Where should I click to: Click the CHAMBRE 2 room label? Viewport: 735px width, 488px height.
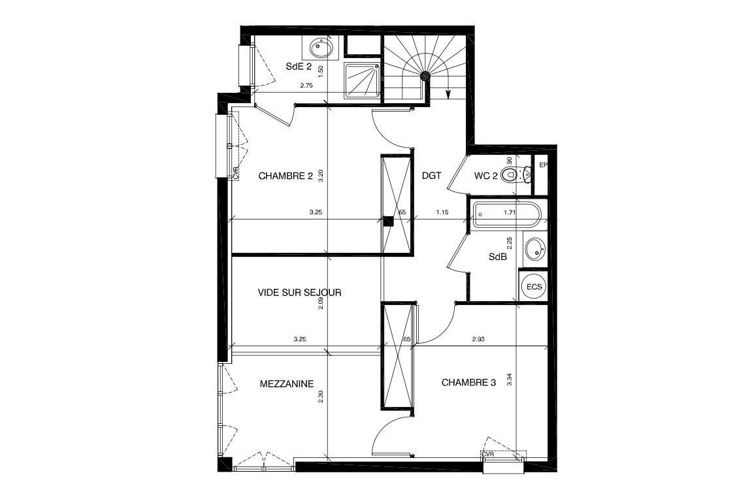point(286,176)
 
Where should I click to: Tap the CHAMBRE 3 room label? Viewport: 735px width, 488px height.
point(468,382)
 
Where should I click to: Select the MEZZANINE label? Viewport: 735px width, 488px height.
point(287,383)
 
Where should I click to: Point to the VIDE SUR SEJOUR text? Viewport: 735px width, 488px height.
point(299,293)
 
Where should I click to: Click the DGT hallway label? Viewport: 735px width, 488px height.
point(432,176)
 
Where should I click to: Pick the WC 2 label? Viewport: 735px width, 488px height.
point(485,176)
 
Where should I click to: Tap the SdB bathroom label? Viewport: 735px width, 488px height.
point(498,257)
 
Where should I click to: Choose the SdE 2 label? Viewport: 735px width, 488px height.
point(299,66)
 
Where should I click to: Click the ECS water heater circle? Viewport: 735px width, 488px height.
point(534,286)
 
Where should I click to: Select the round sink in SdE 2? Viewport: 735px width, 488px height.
point(320,47)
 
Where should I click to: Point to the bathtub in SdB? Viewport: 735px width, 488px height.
point(504,213)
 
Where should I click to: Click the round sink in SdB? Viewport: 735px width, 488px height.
point(535,248)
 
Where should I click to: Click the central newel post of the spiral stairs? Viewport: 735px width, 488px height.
point(426,76)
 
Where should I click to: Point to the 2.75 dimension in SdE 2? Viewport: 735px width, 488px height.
point(306,86)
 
